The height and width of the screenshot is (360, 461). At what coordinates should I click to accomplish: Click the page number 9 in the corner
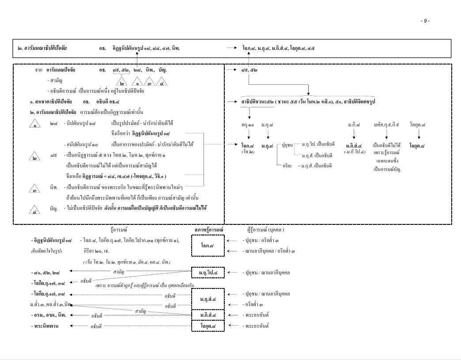(x=425, y=21)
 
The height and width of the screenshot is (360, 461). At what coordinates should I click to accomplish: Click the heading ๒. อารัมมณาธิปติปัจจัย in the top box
(x=42, y=48)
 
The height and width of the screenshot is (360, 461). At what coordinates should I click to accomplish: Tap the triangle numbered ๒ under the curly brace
(x=121, y=82)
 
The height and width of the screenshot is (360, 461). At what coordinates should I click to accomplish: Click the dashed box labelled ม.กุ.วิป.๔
(x=208, y=273)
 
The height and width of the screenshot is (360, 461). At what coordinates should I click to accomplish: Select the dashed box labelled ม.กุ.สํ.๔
(x=208, y=299)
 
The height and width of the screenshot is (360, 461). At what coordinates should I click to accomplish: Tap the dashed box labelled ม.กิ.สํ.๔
(x=208, y=315)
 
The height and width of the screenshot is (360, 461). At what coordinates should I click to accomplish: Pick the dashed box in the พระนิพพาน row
(x=208, y=326)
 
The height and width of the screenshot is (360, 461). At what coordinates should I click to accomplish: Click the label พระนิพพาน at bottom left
(x=45, y=326)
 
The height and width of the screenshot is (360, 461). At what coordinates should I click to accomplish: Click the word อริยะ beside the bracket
(x=287, y=166)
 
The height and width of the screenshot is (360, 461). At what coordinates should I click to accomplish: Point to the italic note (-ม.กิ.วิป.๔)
(x=355, y=152)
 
